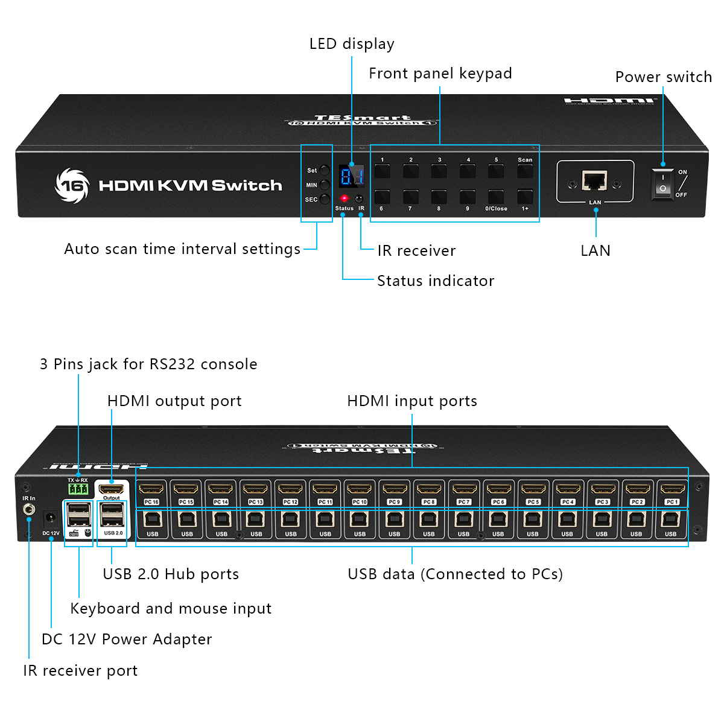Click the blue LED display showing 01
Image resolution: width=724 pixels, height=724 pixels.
point(351,176)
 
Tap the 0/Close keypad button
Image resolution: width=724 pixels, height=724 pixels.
point(496,197)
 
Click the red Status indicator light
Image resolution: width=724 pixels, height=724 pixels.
point(345,198)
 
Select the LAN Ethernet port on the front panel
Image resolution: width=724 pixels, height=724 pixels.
point(594,180)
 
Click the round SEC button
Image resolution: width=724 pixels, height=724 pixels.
point(325,199)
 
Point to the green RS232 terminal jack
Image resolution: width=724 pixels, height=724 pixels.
point(78,488)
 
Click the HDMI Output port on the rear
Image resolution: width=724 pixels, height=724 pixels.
point(112,489)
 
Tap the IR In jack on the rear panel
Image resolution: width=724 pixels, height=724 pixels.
point(28,510)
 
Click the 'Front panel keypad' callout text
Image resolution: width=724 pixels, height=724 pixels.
point(440,74)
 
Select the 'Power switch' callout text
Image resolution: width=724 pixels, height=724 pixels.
point(663,77)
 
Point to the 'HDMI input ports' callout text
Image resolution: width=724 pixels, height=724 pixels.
point(412,401)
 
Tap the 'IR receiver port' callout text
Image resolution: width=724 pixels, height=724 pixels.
point(80,671)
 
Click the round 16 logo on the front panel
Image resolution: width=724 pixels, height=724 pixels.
point(72,185)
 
